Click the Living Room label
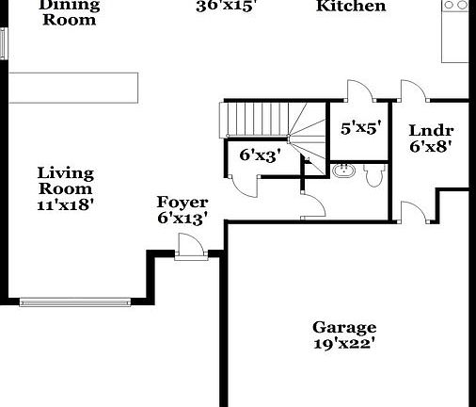66,180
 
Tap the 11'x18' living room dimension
66,203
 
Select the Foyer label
182,203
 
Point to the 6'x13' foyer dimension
182,219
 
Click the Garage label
344,328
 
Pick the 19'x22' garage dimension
344,344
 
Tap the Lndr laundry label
432,131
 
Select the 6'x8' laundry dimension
432,146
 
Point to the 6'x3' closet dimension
261,156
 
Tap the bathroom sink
344,171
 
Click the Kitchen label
351,7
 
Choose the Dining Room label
69,12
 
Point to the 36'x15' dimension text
226,6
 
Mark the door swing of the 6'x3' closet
243,185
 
